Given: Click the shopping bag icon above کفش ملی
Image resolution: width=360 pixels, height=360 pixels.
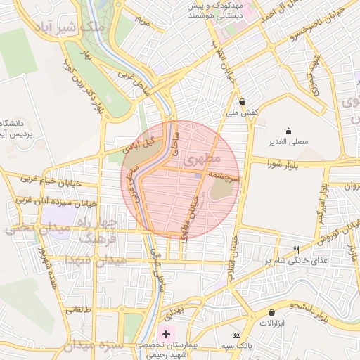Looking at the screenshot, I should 243,101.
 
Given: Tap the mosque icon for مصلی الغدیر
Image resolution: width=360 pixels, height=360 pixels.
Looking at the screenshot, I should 288,131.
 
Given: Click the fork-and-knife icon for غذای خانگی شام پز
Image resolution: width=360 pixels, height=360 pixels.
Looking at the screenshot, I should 296,250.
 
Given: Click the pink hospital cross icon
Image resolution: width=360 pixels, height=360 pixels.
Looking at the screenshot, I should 166,333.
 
